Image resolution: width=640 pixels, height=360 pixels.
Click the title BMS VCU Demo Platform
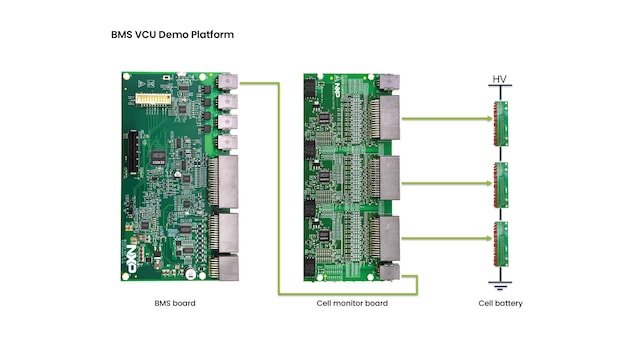pos(172,35)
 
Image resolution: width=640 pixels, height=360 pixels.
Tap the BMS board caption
pos(175,303)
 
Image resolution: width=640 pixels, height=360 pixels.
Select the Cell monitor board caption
pos(352,303)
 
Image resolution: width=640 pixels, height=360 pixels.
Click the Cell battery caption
pos(500,303)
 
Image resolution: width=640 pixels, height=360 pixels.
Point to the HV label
pos(500,79)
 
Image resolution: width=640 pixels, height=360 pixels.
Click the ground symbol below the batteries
pos(500,285)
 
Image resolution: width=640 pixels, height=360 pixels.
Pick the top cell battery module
pos(501,124)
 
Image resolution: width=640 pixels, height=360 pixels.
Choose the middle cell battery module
pos(501,185)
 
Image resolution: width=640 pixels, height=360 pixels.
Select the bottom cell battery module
pos(501,244)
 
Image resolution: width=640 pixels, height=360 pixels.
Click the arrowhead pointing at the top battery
pos(490,119)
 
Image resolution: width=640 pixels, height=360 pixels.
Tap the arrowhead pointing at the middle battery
pos(490,183)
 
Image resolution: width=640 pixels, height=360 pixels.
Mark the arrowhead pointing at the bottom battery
pos(490,238)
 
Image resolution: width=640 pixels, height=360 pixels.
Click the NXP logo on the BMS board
pos(131,259)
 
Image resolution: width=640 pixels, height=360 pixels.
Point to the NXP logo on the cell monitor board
pos(337,91)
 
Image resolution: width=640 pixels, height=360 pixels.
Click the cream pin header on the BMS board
pos(153,99)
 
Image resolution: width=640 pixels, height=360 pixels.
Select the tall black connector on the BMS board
pos(133,153)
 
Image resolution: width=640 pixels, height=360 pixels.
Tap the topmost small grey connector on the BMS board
pos(227,82)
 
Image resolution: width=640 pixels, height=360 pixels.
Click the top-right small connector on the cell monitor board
pos(389,83)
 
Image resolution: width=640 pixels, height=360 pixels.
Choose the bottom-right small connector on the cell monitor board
pos(389,272)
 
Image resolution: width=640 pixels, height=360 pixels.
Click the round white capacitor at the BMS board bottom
pos(190,273)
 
